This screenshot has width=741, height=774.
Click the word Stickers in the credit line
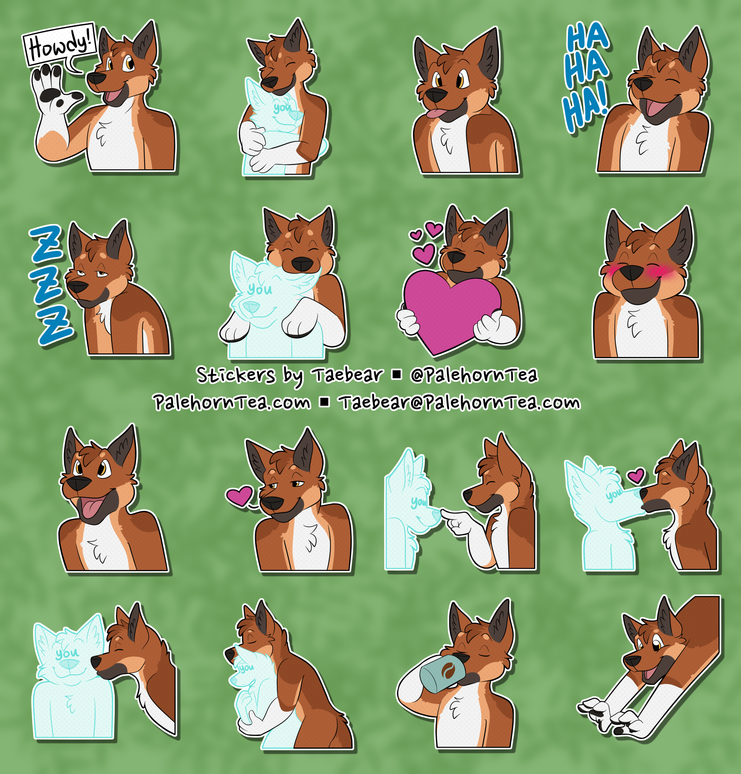(x=236, y=375)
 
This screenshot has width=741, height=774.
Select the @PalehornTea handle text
(x=474, y=375)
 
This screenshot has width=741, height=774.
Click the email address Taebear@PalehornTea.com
(x=461, y=403)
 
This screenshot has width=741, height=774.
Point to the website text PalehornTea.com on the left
(x=232, y=403)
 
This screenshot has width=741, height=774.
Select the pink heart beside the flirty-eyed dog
(x=240, y=496)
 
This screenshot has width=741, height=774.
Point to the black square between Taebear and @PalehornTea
(x=397, y=375)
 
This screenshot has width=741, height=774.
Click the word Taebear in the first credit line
(x=348, y=375)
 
